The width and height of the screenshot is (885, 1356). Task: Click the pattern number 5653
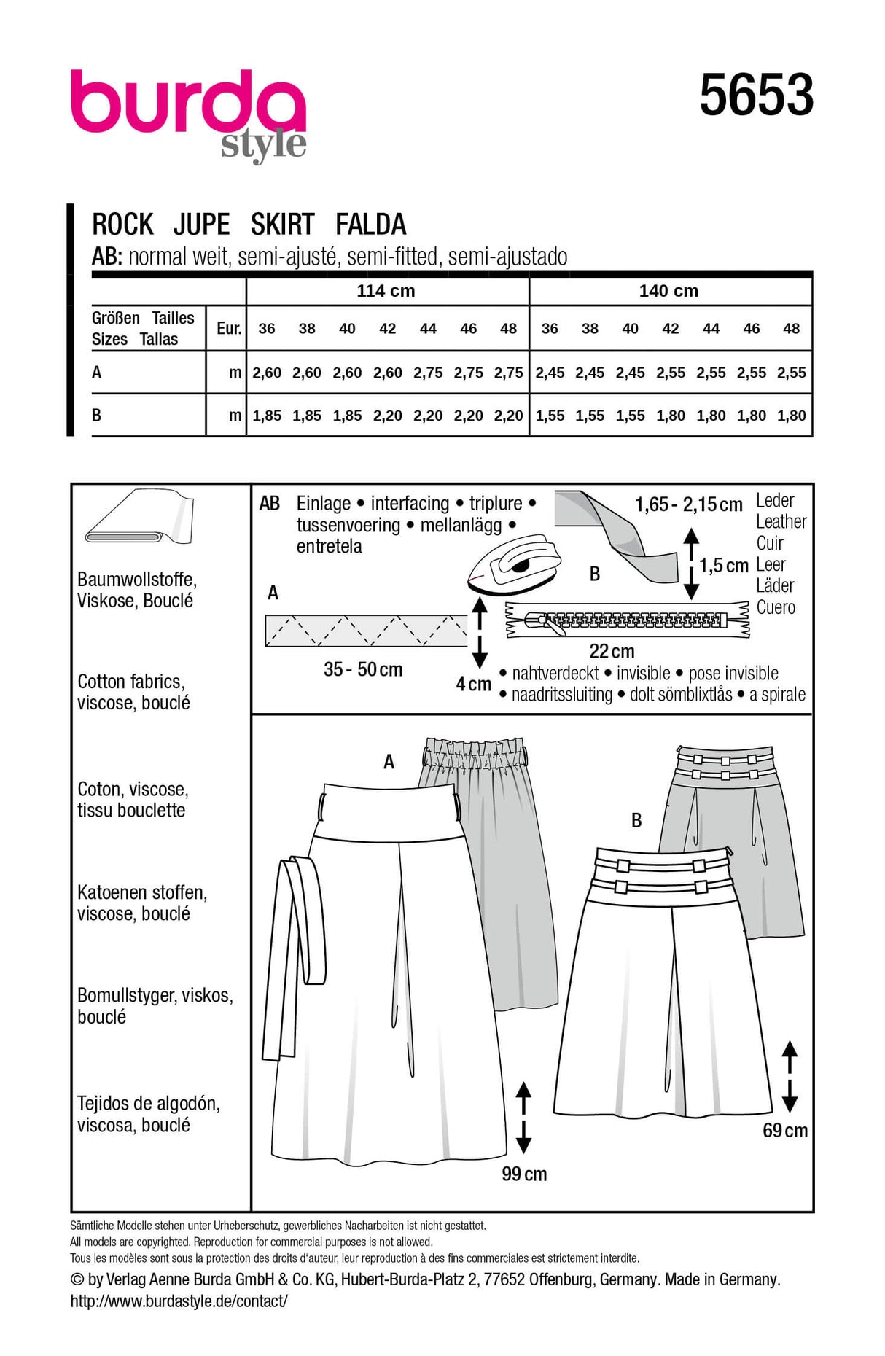[x=757, y=96]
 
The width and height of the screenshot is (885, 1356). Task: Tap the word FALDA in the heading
[x=371, y=224]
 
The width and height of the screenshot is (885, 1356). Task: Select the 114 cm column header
[x=386, y=291]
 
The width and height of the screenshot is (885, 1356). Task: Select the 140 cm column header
[x=668, y=291]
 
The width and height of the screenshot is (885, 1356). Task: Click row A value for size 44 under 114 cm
[x=428, y=373]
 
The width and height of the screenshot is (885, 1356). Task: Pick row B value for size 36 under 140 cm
[x=550, y=416]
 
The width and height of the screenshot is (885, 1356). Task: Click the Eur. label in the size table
[x=229, y=328]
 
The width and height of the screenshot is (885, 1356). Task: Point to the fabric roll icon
[x=139, y=517]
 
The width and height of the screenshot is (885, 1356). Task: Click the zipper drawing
[x=628, y=620]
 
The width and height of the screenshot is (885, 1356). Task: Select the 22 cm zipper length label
[x=612, y=651]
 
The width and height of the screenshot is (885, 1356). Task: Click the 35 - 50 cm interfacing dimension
[x=363, y=669]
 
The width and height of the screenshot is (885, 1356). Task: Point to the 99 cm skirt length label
[x=524, y=1174]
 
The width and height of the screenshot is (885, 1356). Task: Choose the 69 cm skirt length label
[x=785, y=1131]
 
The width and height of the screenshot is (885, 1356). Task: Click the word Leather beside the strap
[x=781, y=521]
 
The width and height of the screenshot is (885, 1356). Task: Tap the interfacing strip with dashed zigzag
[x=366, y=631]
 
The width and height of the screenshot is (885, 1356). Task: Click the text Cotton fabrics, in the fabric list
[x=131, y=682]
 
